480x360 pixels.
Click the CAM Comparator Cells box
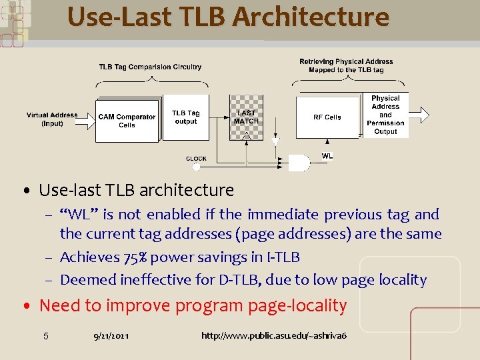[127, 120]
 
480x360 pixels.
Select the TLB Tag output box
[185, 117]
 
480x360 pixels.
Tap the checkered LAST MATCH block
[246, 117]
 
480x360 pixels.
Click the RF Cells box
[327, 117]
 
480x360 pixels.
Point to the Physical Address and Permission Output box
[385, 115]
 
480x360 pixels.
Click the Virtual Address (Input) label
[52, 119]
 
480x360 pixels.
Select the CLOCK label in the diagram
[196, 159]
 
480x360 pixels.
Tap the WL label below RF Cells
[327, 156]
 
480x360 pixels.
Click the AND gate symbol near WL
[298, 163]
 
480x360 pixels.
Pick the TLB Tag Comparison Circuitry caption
[150, 67]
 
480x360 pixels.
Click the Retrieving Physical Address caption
[346, 65]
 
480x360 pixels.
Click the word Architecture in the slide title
[311, 17]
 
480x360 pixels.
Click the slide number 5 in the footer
[45, 335]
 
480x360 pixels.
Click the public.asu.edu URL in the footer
[274, 335]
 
